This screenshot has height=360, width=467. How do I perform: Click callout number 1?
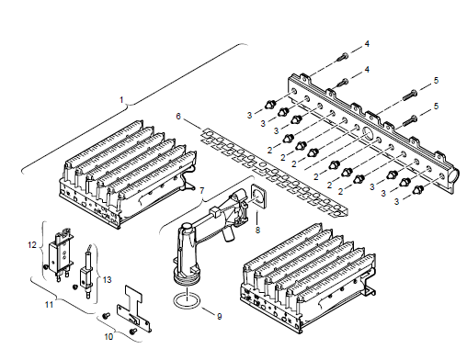pos(121,100)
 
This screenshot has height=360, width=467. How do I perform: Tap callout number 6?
pos(178,117)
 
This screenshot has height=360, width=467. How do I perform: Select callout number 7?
pos(201,191)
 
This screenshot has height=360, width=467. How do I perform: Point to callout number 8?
pos(257,230)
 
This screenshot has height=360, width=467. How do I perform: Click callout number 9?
pos(220,316)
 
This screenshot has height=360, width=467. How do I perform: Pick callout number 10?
pos(108,337)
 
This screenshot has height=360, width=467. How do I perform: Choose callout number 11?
pos(49,305)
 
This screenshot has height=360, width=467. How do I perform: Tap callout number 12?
pos(32,245)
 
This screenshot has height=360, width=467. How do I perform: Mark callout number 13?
pos(107,280)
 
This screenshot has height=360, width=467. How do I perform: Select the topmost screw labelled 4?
pos(343,57)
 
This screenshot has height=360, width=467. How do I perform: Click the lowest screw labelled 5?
pos(409,120)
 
